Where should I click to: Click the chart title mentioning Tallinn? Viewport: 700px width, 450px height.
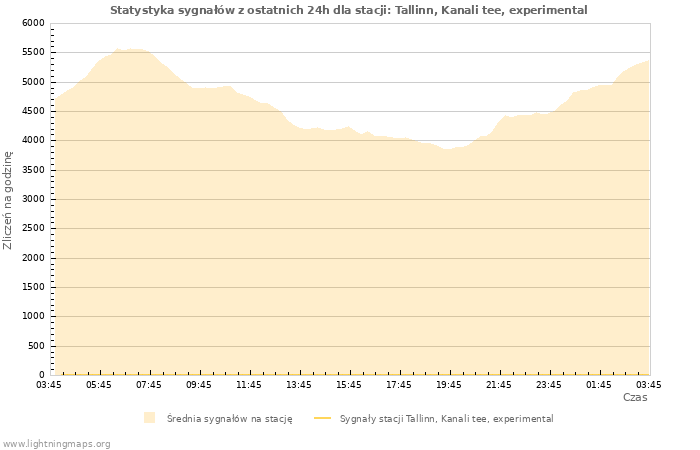point(349,10)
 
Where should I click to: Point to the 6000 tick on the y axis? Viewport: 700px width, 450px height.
point(32,23)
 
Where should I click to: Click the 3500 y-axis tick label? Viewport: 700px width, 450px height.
point(32,170)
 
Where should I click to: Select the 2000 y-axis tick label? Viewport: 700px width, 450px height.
point(32,258)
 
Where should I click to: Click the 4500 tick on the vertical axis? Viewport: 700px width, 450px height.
point(32,111)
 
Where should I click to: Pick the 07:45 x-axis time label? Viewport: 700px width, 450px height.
point(149,385)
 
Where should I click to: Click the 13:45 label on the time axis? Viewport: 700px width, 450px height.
point(299,385)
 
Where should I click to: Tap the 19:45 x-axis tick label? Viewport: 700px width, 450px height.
point(449,385)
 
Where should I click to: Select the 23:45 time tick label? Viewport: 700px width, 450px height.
point(549,385)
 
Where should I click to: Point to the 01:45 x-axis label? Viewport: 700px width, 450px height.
point(599,385)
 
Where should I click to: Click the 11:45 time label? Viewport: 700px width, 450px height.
point(249,385)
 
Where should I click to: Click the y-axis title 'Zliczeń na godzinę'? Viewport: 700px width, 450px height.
point(8,200)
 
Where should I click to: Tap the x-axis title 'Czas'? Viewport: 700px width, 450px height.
point(635,398)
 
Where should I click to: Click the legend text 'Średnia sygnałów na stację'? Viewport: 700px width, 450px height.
point(229,419)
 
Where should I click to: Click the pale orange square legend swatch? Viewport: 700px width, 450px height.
point(149,418)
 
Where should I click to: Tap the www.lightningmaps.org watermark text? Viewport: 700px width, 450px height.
point(57,444)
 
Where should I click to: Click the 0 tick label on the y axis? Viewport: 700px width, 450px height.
point(41,376)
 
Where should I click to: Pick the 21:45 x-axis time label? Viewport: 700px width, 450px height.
point(499,385)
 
